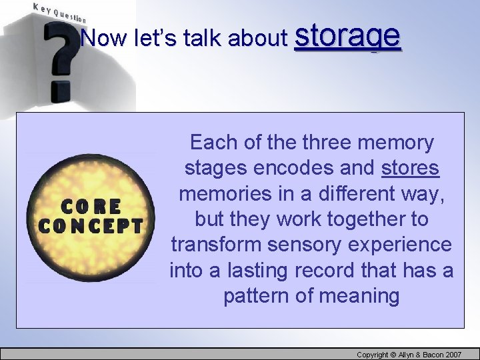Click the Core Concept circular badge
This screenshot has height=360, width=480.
[90, 216]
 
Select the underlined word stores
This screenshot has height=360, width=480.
[410, 168]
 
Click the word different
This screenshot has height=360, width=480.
[359, 193]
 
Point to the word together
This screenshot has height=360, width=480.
[366, 219]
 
